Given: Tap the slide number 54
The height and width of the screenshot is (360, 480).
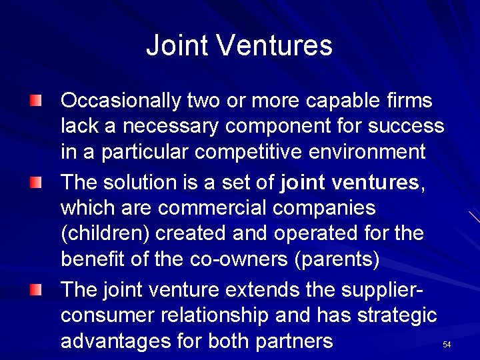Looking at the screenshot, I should tap(447, 345).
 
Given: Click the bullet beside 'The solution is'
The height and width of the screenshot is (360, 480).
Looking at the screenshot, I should tap(35, 182).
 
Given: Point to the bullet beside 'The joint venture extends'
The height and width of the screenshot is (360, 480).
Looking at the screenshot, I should tap(35, 289).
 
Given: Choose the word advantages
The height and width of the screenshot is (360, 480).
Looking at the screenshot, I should tap(115, 341).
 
